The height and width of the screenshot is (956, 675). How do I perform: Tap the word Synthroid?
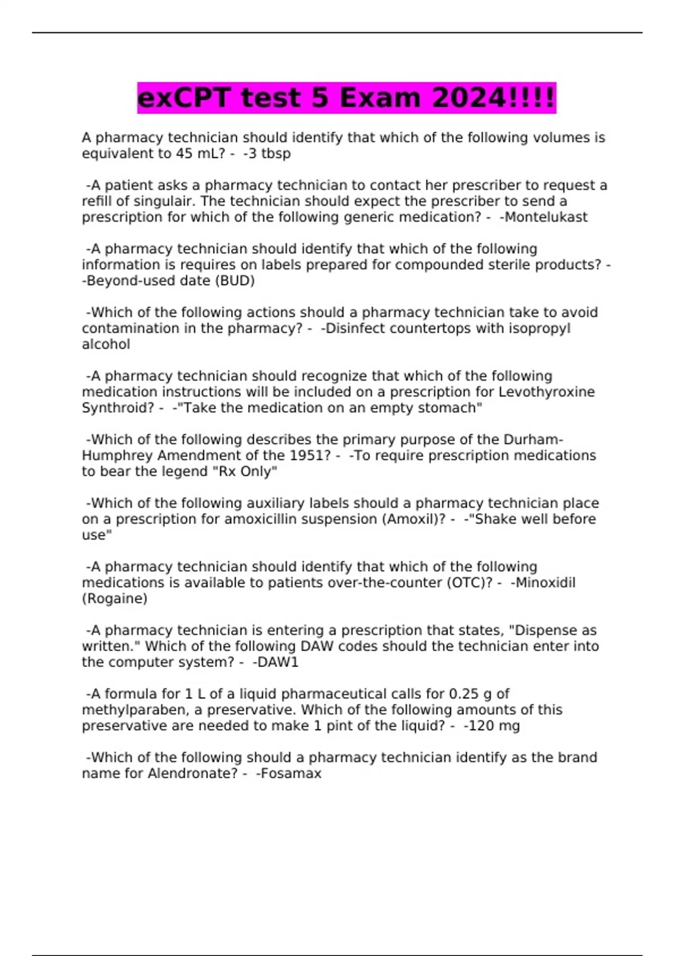click(x=118, y=408)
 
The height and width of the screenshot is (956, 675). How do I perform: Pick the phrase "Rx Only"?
click(x=245, y=471)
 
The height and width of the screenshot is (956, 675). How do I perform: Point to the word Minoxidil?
click(x=544, y=583)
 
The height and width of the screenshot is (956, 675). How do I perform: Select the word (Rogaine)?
click(x=115, y=598)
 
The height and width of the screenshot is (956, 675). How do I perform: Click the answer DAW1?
click(x=277, y=662)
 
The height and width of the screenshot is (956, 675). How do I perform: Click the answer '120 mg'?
click(x=493, y=726)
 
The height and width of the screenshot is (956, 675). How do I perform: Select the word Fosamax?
click(x=290, y=774)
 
